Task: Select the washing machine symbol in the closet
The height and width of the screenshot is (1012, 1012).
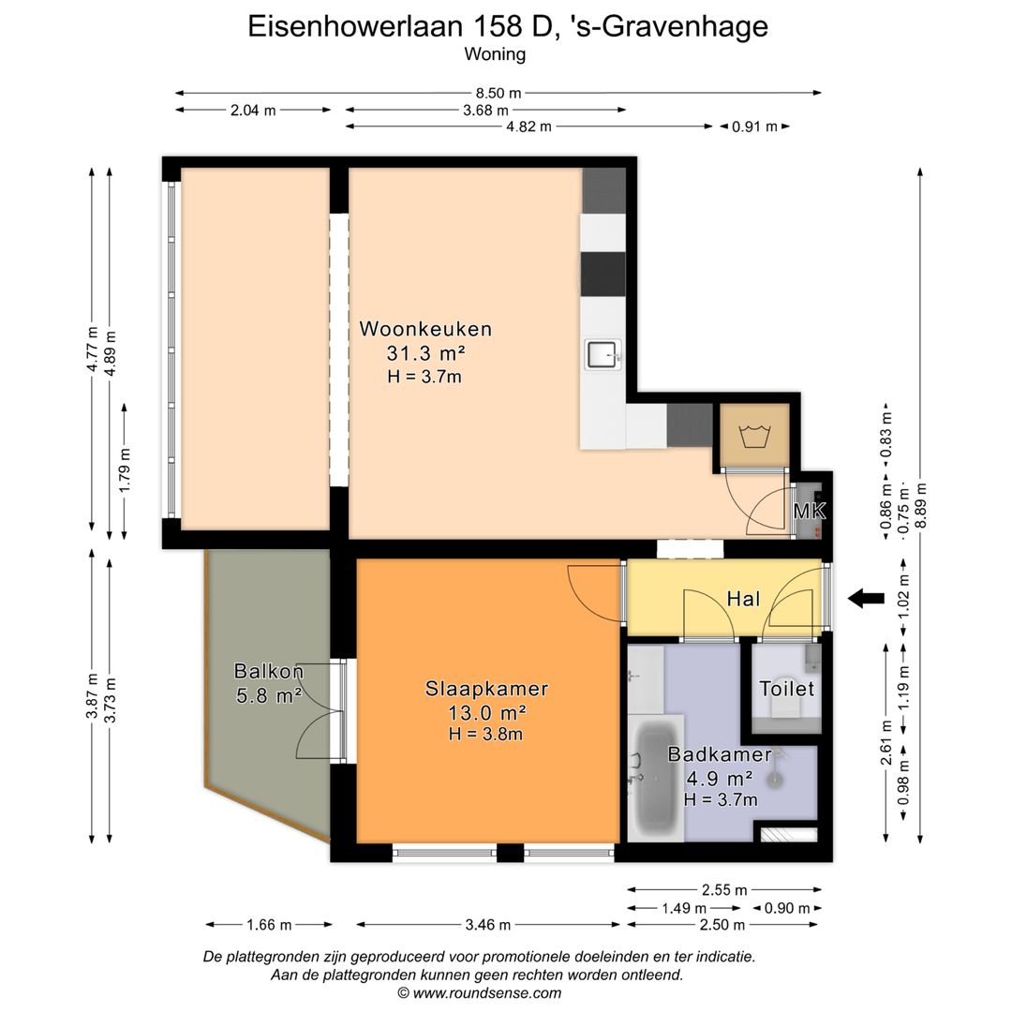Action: pos(754,436)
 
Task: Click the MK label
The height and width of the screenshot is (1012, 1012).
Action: pos(809,512)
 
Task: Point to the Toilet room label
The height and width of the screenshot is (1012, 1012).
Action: pos(786,689)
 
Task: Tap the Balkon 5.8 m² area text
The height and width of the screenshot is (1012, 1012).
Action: pos(268,695)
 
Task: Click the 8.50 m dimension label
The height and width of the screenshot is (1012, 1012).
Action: pos(499,93)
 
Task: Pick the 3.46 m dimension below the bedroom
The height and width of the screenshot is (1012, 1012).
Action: pos(487,925)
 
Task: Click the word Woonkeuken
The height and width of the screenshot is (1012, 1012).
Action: pos(425,329)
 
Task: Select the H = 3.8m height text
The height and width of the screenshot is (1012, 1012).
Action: pos(485,734)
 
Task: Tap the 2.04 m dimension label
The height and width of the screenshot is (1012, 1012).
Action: pos(253,110)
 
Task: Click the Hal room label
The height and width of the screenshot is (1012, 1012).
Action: pos(742,599)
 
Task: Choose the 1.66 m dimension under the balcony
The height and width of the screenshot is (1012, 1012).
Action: pos(269,925)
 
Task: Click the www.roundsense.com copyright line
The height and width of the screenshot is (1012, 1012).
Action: pos(480,993)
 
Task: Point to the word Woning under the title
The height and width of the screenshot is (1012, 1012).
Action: pos(495,54)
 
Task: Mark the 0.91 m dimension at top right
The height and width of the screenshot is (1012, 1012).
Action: pos(754,126)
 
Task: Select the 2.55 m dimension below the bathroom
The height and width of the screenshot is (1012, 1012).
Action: pos(725,889)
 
